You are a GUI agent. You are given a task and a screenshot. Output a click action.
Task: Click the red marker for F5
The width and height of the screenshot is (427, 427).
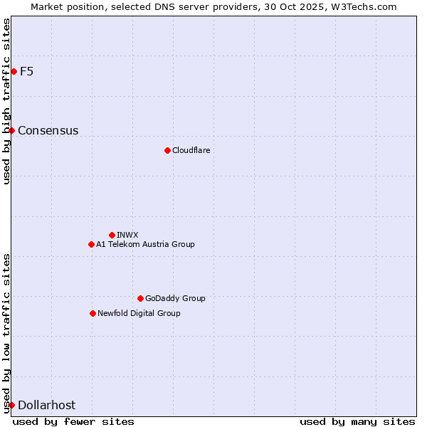[14, 71]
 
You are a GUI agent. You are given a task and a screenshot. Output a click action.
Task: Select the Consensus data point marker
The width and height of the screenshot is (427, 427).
[11, 130]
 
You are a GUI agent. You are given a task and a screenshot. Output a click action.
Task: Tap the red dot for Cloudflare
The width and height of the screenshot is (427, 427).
[167, 150]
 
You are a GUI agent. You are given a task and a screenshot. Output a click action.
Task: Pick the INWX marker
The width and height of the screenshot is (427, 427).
[112, 235]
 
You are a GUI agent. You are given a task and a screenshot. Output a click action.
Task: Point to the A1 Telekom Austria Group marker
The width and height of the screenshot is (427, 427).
[91, 244]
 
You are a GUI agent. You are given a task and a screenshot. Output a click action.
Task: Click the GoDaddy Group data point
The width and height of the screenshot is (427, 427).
[140, 298]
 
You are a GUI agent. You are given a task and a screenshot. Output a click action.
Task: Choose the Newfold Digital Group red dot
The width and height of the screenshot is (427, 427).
[93, 313]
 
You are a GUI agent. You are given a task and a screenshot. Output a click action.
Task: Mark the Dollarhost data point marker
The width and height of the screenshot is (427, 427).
[11, 405]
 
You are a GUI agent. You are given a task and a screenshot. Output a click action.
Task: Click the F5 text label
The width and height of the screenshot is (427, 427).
[26, 71]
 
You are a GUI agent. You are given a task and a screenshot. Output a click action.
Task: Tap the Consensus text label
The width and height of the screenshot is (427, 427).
[48, 130]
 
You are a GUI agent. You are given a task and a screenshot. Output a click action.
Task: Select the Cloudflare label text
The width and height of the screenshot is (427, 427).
[191, 150]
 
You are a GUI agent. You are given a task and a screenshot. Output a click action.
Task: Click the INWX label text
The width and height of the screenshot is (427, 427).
[128, 235]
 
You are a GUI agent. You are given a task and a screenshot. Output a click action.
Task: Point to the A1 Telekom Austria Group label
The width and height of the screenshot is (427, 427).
[145, 244]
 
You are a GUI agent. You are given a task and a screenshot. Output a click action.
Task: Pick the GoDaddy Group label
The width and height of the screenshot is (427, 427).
[175, 298]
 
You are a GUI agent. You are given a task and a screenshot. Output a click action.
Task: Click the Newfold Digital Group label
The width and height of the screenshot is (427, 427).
[139, 313]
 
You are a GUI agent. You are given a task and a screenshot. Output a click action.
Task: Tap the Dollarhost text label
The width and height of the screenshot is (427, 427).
[46, 405]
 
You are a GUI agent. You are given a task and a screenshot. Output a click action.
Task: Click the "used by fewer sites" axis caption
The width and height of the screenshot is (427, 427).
[73, 421]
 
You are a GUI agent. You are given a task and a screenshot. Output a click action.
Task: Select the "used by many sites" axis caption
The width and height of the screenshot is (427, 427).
[357, 421]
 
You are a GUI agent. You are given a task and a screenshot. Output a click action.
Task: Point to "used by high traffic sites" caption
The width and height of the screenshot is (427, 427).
[6, 101]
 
